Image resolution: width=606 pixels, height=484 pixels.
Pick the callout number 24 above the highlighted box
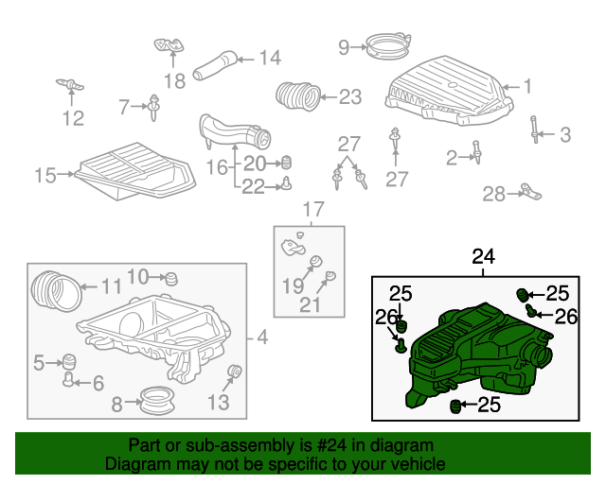click(x=483, y=256)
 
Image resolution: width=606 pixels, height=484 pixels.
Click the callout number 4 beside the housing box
click(x=261, y=337)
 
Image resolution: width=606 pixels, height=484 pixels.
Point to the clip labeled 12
click(x=70, y=86)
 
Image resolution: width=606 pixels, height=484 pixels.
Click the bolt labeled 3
click(x=537, y=129)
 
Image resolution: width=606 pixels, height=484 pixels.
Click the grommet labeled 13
click(x=236, y=372)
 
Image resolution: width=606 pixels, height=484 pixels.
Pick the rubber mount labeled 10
click(x=171, y=279)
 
